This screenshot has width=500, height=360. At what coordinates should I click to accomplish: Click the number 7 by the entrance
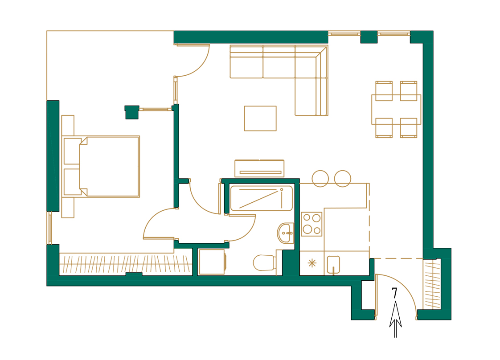394,293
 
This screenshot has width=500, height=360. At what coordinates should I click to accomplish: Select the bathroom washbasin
286,233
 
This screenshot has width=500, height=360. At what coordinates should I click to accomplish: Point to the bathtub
261,198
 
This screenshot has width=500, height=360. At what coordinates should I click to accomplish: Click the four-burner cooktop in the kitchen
311,224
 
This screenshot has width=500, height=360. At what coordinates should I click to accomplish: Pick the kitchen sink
333,264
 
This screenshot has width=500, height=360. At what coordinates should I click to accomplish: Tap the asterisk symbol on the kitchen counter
312,263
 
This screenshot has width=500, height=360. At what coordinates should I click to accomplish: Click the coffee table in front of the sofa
260,118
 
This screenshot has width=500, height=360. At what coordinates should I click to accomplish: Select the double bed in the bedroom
109,166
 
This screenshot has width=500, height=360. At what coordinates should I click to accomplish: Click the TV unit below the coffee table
259,168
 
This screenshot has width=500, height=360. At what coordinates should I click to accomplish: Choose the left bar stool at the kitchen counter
320,179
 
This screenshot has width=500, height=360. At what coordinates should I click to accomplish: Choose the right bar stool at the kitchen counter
343,179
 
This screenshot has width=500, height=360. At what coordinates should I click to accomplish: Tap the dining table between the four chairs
396,109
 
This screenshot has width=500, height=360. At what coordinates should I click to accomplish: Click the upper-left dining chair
384,91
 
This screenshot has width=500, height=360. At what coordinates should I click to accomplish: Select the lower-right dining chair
409,128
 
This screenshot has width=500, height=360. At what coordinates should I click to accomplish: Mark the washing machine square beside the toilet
212,262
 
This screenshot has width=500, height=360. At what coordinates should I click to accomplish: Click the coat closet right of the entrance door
432,285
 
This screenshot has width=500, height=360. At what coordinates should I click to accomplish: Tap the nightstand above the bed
68,125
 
